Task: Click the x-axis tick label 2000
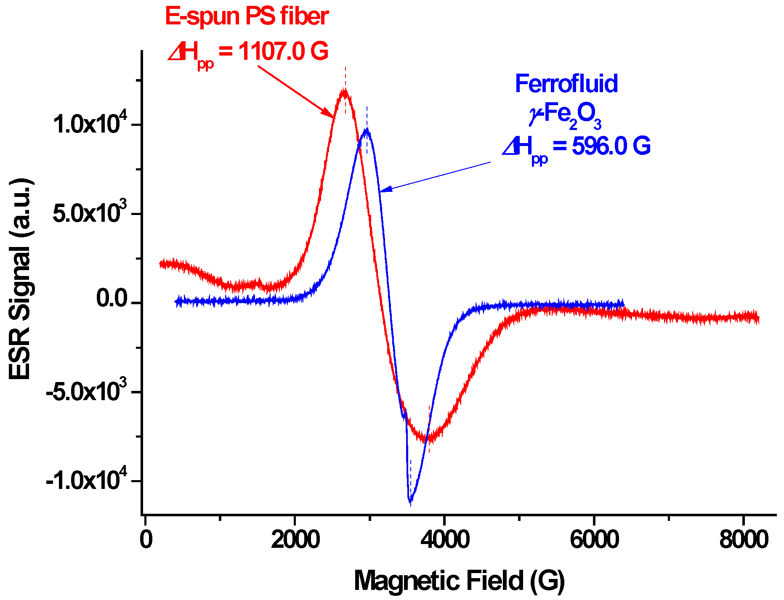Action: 295,539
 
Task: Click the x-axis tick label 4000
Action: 445,539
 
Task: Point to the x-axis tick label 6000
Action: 594,539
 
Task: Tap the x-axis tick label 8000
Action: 744,539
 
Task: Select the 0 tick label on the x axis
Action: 146,539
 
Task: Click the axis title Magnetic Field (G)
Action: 459,581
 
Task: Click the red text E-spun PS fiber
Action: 247,17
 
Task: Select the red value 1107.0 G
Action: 283,52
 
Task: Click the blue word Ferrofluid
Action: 566,83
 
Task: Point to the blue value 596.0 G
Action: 611,146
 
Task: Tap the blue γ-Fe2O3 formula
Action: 565,114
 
